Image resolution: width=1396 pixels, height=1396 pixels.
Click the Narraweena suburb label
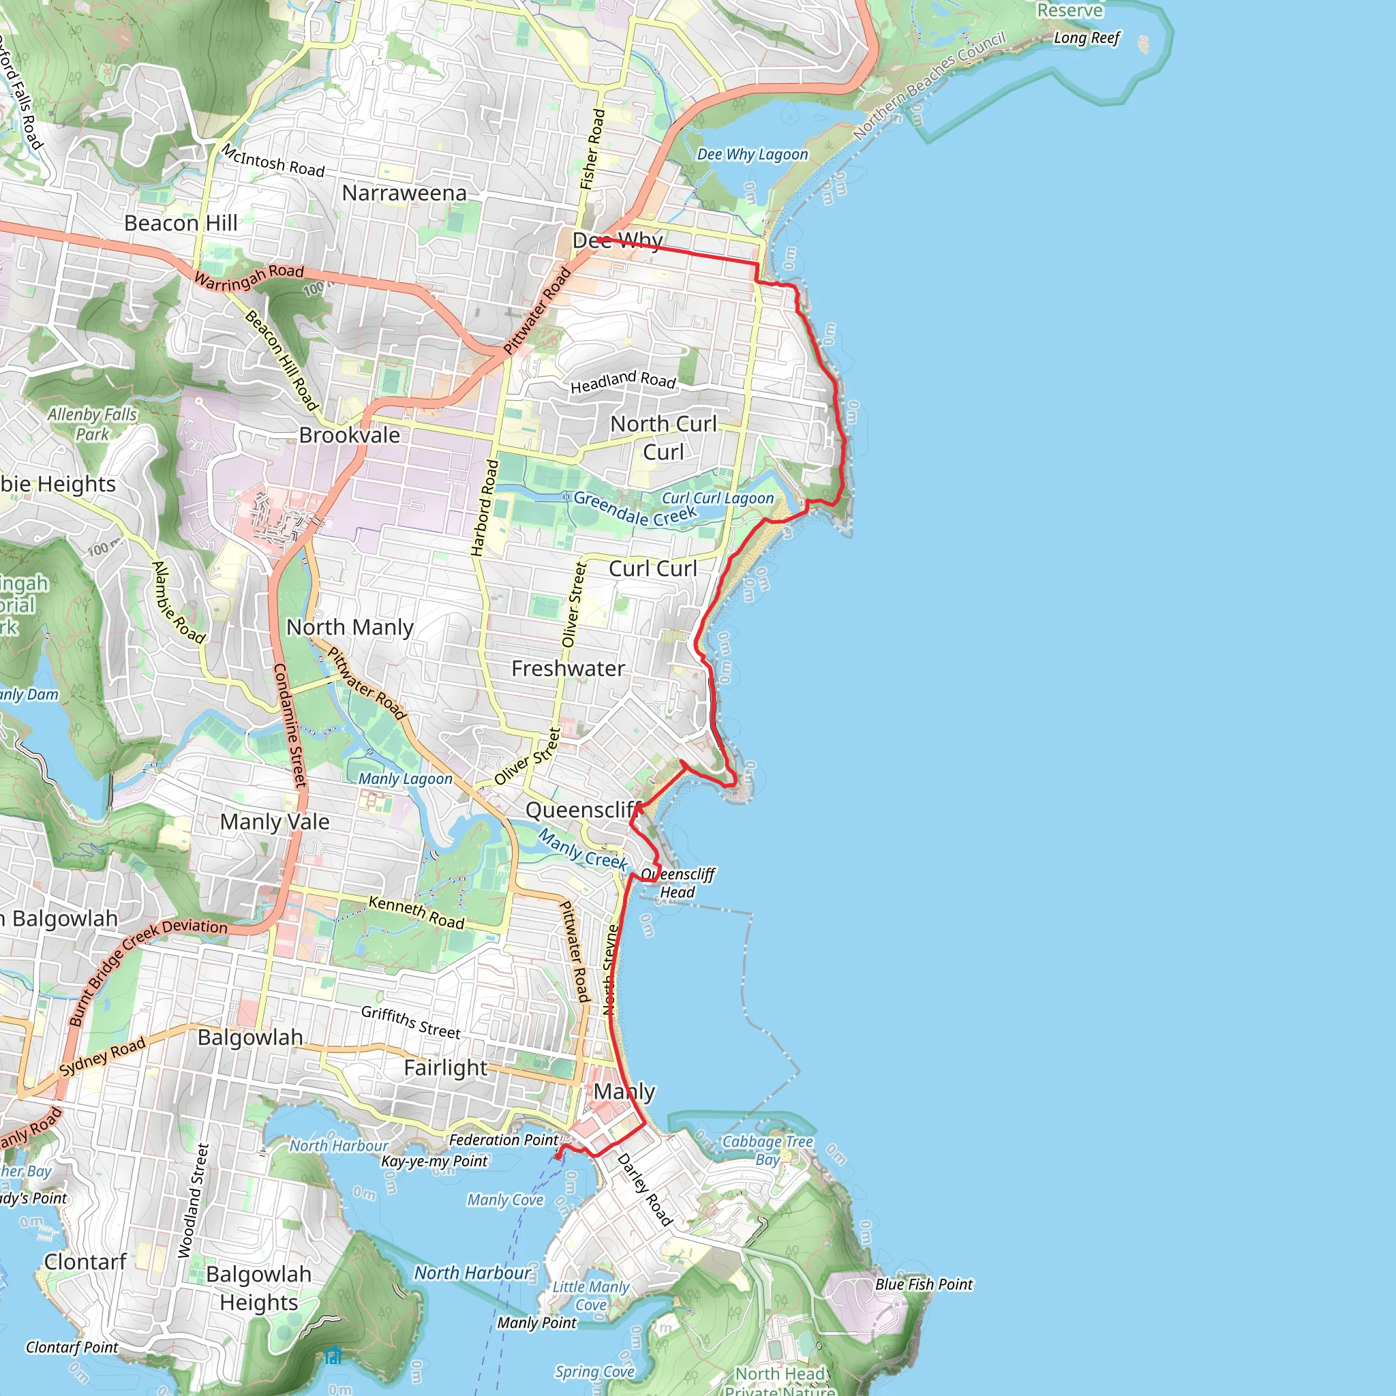click(x=404, y=193)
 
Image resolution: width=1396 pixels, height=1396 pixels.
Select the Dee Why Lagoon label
click(x=753, y=154)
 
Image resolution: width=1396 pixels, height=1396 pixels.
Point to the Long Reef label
click(x=1086, y=37)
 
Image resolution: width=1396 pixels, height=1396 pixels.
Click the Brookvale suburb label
click(x=349, y=435)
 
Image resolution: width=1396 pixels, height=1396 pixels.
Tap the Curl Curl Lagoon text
click(x=718, y=498)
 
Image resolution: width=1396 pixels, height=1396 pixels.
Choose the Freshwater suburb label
click(x=568, y=669)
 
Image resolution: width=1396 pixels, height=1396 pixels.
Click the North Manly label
click(x=350, y=627)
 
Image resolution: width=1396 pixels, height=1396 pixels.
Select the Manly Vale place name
click(x=275, y=821)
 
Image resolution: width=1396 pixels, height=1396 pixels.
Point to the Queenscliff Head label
click(x=678, y=883)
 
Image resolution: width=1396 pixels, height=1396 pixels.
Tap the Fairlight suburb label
click(x=446, y=1067)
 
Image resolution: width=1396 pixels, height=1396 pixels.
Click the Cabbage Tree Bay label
click(x=768, y=1150)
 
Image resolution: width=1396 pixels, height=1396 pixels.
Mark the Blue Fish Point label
click(x=924, y=1284)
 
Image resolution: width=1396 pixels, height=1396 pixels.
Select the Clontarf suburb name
click(x=85, y=1262)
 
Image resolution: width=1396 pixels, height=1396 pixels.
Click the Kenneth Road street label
click(x=416, y=912)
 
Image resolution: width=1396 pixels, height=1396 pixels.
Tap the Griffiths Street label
click(x=410, y=1022)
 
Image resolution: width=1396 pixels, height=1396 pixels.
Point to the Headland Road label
click(x=623, y=382)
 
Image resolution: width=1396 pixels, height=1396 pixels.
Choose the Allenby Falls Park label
click(x=93, y=424)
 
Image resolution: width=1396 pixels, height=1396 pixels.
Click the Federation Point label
click(x=504, y=1140)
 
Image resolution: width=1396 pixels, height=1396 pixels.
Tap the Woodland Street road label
click(x=193, y=1200)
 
